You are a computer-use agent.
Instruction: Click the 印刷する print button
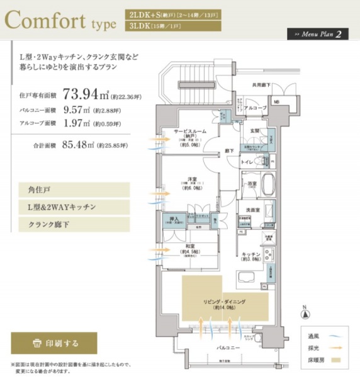pos(54,343)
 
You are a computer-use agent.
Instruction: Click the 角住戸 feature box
pos(74,189)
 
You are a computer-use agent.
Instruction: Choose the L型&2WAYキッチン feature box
pos(74,206)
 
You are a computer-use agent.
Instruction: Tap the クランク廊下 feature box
pos(74,224)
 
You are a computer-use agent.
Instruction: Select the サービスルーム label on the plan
pos(191,133)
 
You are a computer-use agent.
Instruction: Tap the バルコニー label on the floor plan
pos(227,347)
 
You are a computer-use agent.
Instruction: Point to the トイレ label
pos(249,162)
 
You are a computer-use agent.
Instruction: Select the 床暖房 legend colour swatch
pos(339,359)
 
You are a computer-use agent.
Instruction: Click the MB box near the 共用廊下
pos(276,101)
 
